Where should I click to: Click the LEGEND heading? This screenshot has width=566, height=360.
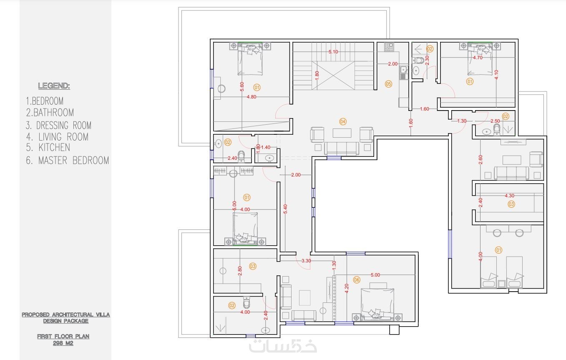(54, 86)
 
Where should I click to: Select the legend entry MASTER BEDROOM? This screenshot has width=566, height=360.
(73, 161)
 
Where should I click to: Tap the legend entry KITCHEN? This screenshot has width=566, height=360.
(54, 147)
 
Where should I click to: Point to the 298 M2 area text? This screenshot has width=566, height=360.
(63, 343)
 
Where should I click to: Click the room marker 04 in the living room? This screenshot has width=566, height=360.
(342, 121)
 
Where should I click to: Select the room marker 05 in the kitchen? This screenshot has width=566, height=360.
(388, 84)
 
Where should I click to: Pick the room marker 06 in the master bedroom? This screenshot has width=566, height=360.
(357, 279)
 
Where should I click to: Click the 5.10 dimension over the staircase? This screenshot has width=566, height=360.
(333, 52)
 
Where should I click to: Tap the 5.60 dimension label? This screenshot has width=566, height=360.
(242, 87)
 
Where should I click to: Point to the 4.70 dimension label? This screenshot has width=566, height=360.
(478, 58)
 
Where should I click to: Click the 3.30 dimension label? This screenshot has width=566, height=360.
(306, 261)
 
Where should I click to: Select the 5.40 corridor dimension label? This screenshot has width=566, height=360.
(285, 209)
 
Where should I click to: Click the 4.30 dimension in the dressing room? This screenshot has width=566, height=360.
(509, 196)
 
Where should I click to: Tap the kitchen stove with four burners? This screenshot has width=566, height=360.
(389, 47)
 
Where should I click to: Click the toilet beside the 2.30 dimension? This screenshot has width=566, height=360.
(418, 60)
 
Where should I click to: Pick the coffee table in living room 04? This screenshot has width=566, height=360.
(342, 133)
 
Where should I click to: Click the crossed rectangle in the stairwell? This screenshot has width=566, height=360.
(333, 75)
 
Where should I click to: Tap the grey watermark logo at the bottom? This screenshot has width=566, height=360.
(283, 346)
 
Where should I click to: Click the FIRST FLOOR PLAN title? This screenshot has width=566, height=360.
(63, 336)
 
